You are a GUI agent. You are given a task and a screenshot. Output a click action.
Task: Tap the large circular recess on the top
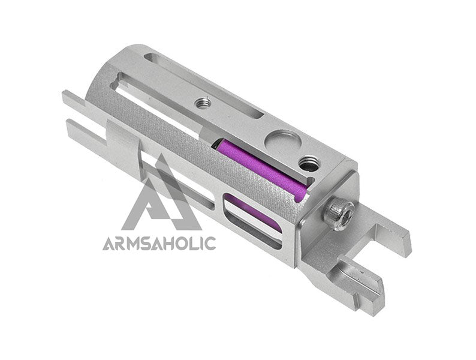click(x=282, y=140)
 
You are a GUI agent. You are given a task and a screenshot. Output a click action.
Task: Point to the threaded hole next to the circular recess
click(x=308, y=164)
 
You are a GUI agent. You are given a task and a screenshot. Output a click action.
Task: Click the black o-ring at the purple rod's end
click(x=216, y=142)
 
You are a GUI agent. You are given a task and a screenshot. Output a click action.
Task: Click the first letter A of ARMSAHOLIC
click(x=109, y=244)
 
